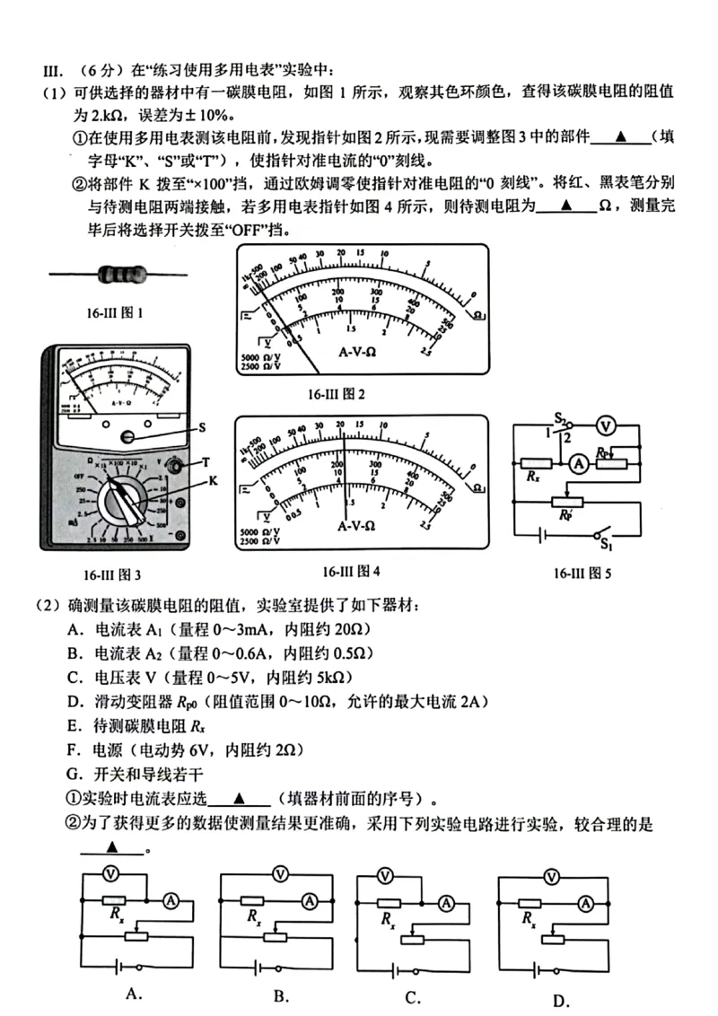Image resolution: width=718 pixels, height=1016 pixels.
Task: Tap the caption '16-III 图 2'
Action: [337, 393]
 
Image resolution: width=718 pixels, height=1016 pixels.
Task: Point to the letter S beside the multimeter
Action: [202, 428]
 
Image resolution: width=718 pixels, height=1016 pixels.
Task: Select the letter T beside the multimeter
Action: [206, 462]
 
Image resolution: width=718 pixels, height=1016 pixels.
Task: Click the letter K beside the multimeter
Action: [213, 482]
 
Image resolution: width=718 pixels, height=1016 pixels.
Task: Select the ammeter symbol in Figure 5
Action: [579, 463]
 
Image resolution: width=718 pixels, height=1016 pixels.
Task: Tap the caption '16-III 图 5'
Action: [582, 574]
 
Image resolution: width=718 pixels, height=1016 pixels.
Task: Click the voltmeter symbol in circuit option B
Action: [279, 871]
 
